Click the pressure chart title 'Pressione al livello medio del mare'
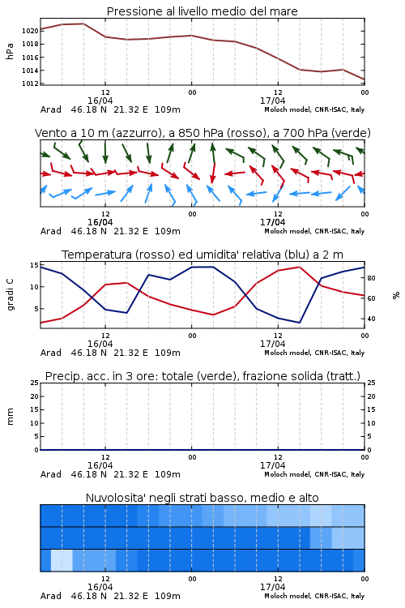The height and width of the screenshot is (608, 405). click(202, 11)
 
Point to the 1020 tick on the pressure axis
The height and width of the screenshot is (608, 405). click(30, 31)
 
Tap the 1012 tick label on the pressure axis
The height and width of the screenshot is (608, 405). click(30, 83)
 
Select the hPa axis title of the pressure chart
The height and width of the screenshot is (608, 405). click(10, 51)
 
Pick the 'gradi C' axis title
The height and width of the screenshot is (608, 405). click(10, 294)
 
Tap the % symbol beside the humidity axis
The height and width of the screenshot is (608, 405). click(396, 295)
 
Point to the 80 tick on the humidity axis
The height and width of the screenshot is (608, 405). click(371, 278)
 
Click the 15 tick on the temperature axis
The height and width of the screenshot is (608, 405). click(34, 265)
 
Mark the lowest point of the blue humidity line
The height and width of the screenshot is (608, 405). click(299, 323)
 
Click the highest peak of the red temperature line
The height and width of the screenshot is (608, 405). click(299, 267)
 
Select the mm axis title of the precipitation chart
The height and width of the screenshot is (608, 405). click(10, 417)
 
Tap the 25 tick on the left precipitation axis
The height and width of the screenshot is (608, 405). click(35, 383)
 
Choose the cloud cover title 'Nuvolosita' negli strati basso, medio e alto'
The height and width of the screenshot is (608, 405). click(202, 498)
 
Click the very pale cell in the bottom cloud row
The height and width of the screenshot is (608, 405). click(62, 560)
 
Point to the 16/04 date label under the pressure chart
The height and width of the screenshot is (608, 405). click(100, 101)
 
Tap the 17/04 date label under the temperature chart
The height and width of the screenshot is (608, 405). click(272, 344)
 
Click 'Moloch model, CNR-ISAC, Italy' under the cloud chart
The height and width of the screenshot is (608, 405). click(314, 596)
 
